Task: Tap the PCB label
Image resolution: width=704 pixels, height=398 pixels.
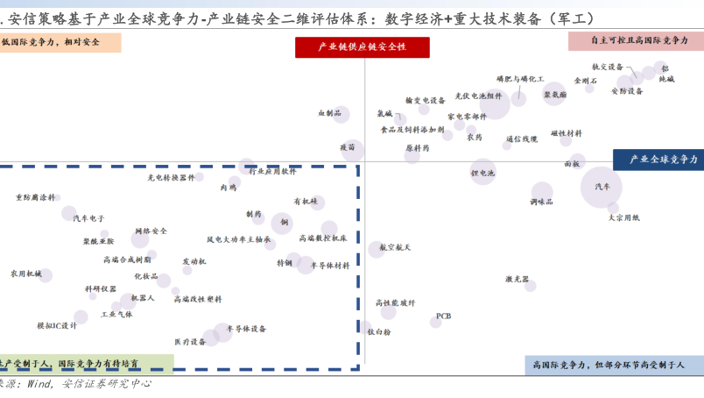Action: click(x=444, y=316)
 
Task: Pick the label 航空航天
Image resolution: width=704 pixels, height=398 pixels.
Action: click(x=396, y=248)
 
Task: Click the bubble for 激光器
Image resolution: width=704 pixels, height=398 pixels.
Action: click(x=531, y=286)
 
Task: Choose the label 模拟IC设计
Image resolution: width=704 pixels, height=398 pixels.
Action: click(x=57, y=325)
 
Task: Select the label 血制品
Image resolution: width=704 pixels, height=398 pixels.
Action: click(x=329, y=113)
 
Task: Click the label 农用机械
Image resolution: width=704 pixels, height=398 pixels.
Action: click(x=25, y=274)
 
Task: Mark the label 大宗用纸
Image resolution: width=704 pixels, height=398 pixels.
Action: click(x=623, y=217)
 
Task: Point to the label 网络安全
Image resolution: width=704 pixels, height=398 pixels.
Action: click(x=151, y=231)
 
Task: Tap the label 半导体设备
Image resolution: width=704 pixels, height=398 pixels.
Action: click(x=247, y=329)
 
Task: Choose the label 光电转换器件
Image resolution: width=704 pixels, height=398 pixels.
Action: click(x=171, y=177)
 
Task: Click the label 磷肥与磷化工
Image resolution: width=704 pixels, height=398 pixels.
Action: click(x=520, y=79)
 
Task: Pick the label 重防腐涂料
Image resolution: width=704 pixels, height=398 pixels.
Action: click(x=35, y=197)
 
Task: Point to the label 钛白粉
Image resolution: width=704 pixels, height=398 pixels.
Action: click(x=380, y=332)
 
